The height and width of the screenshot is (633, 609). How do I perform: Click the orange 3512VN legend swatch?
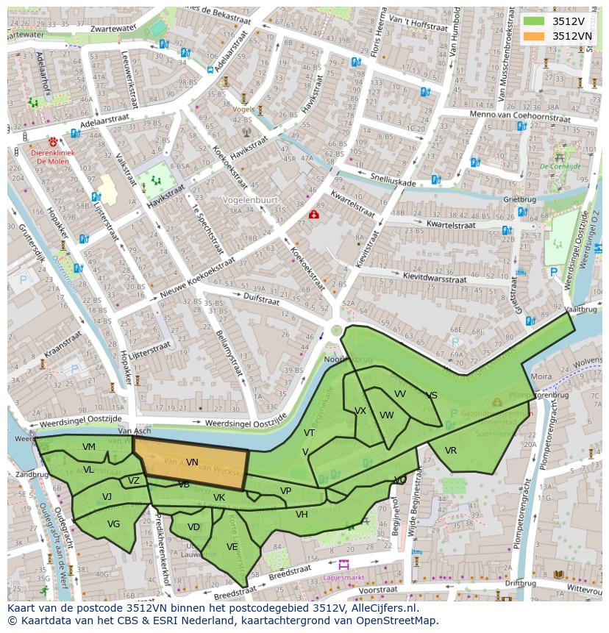click(534, 35)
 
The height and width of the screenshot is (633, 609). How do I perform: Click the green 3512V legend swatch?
click(534, 21)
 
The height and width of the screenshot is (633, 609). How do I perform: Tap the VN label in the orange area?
click(192, 462)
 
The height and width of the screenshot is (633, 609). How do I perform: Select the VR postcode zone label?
click(451, 451)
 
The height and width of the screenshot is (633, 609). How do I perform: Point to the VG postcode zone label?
click(113, 524)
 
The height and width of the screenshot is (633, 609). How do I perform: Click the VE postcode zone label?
click(232, 547)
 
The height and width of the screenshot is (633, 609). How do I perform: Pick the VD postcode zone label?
click(193, 527)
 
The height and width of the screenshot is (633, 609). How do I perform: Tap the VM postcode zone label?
click(89, 447)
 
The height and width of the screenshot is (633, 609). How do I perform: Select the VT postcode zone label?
click(309, 433)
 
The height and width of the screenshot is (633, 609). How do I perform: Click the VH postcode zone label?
click(302, 515)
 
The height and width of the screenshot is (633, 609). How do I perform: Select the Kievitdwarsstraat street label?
click(435, 279)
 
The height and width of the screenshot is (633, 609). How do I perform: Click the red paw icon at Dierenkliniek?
click(53, 141)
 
